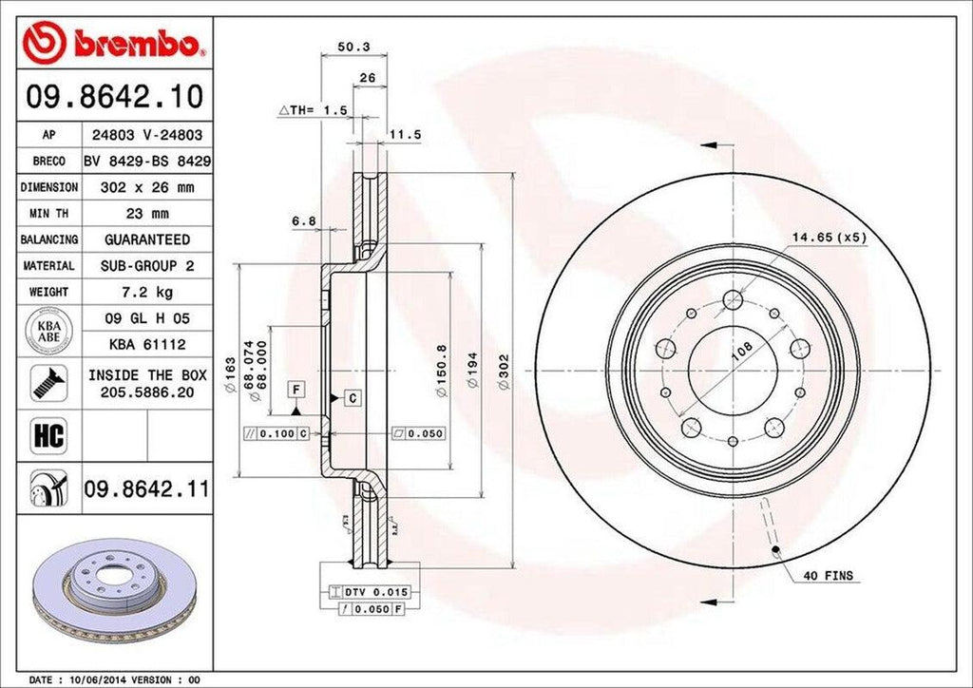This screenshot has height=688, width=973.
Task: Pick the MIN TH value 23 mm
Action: pyautogui.click(x=146, y=214)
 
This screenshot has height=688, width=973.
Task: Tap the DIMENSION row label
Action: pyautogui.click(x=48, y=188)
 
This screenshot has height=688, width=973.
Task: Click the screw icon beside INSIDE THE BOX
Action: pyautogui.click(x=47, y=383)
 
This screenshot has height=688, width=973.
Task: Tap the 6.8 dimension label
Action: pyautogui.click(x=304, y=222)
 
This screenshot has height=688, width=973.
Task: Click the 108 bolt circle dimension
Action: pyautogui.click(x=742, y=351)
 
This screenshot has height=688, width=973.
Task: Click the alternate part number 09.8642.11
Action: pyautogui.click(x=146, y=490)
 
